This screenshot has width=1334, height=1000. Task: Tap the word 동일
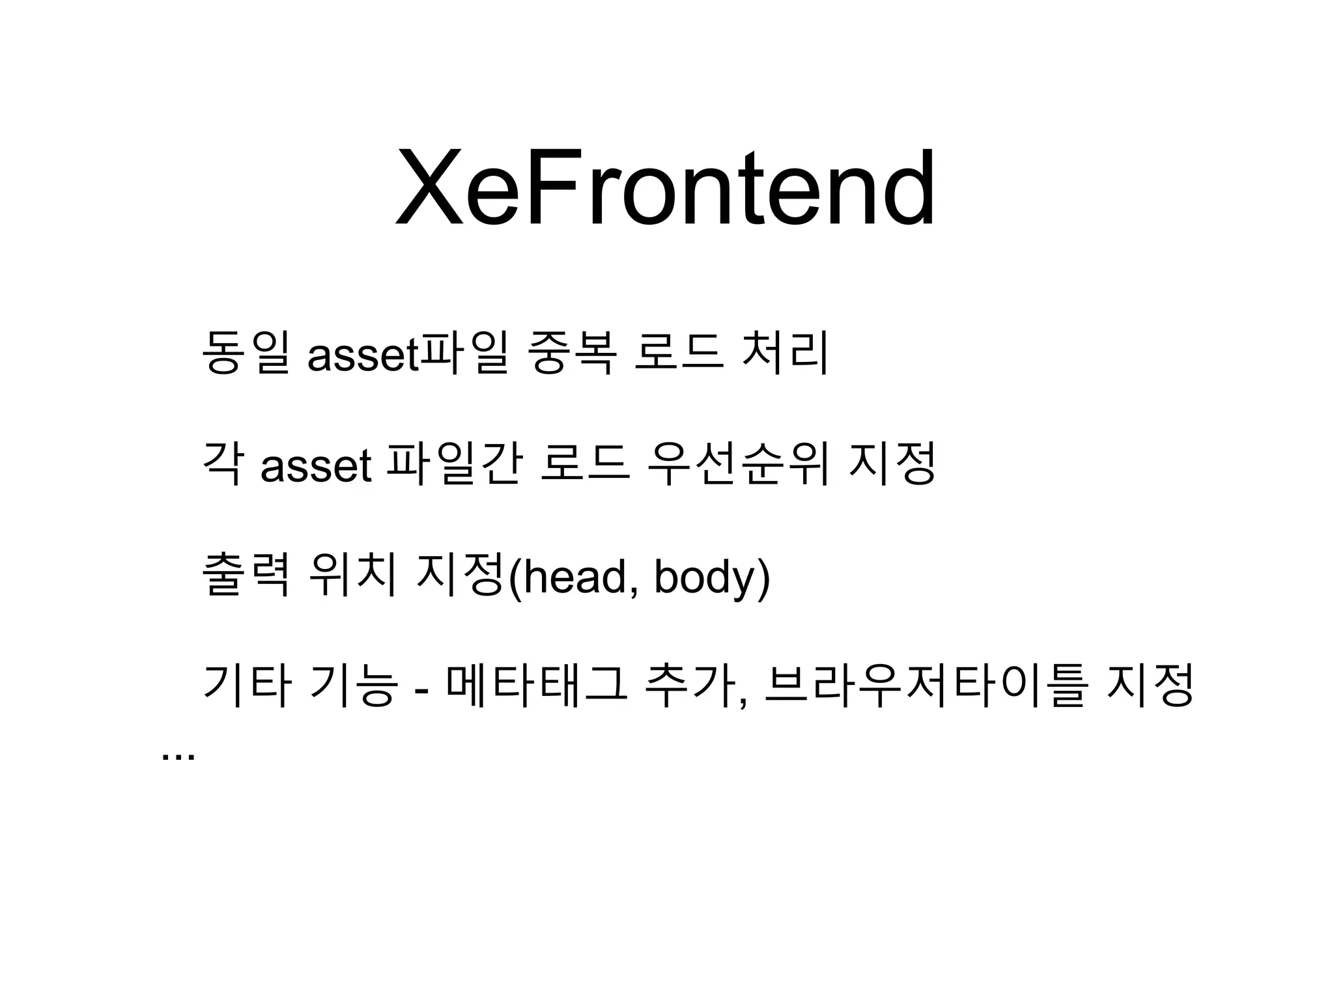coord(246,353)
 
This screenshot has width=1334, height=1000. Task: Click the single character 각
coord(224,464)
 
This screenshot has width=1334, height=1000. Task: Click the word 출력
coord(246,574)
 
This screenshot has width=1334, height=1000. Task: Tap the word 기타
coord(246,685)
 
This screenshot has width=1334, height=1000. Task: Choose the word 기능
coord(354,685)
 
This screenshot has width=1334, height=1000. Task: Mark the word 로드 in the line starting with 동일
coord(678,353)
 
